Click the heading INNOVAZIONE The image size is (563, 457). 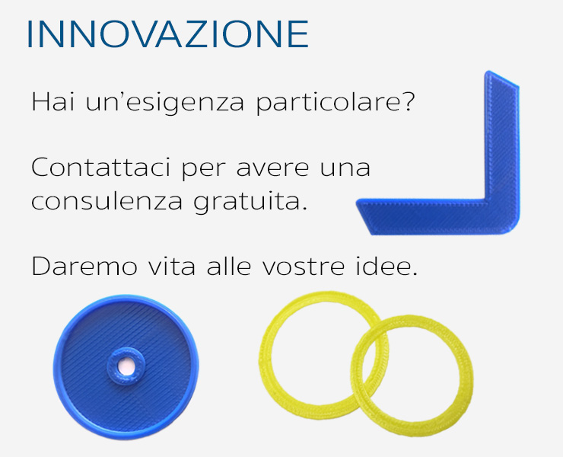pyautogui.click(x=167, y=34)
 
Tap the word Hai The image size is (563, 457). pyautogui.click(x=53, y=102)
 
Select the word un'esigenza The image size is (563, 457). pyautogui.click(x=165, y=104)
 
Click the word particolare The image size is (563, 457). pyautogui.click(x=326, y=104)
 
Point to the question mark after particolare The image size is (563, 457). pyautogui.click(x=407, y=102)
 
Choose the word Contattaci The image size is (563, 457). pyautogui.click(x=100, y=168)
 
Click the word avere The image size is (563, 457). pyautogui.click(x=272, y=169)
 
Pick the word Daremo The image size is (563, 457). pyautogui.click(x=84, y=266)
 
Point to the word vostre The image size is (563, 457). pyautogui.click(x=303, y=267)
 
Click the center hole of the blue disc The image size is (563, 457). pyautogui.click(x=126, y=367)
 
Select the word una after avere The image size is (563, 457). pyautogui.click(x=345, y=169)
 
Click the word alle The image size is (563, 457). pyautogui.click(x=229, y=266)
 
